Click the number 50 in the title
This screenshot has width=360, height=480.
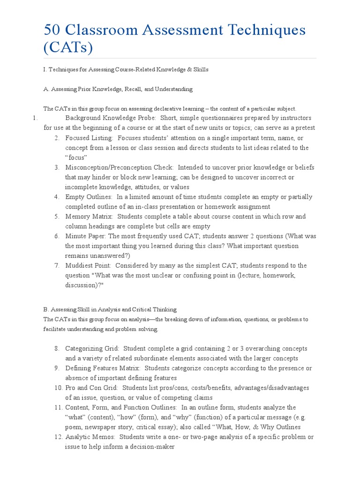(53, 30)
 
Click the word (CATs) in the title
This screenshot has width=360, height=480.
(68, 47)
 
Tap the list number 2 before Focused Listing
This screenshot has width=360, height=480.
(56, 138)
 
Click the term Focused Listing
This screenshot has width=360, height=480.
(89, 138)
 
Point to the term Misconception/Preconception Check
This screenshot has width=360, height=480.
(120, 167)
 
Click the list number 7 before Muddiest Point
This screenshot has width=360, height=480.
(56, 265)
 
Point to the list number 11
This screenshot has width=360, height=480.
(58, 407)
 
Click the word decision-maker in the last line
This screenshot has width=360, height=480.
(153, 447)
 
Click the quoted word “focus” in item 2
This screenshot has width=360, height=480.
(76, 157)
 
